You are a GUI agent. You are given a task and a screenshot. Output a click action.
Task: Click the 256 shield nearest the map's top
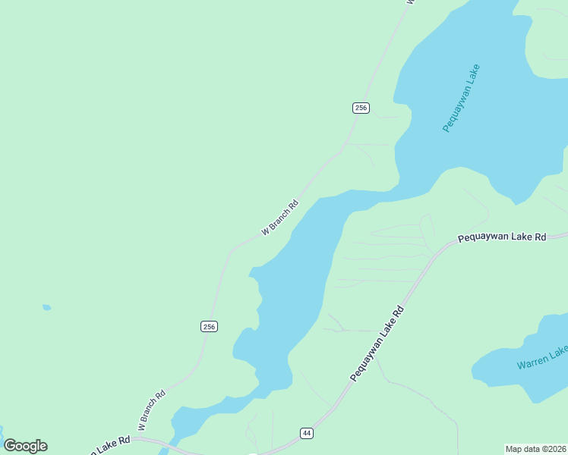361,108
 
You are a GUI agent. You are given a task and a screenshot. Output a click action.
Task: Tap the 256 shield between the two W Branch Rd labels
210,326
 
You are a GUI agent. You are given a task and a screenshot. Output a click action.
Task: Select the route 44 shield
306,433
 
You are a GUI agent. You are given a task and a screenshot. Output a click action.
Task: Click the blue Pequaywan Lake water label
462,98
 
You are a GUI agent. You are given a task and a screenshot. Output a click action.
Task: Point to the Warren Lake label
542,357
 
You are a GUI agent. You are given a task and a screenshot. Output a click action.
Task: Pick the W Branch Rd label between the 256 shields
280,217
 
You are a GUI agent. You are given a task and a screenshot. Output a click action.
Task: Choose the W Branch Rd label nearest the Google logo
152,407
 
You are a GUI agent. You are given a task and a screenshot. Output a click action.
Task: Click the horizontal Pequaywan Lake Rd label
502,237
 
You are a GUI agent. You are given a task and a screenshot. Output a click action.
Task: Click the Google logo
25,446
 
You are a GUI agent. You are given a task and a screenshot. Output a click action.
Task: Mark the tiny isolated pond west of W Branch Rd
46,307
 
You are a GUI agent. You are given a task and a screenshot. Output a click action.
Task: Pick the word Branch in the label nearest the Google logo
150,409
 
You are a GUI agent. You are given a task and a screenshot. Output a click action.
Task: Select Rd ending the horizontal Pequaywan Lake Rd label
540,237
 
